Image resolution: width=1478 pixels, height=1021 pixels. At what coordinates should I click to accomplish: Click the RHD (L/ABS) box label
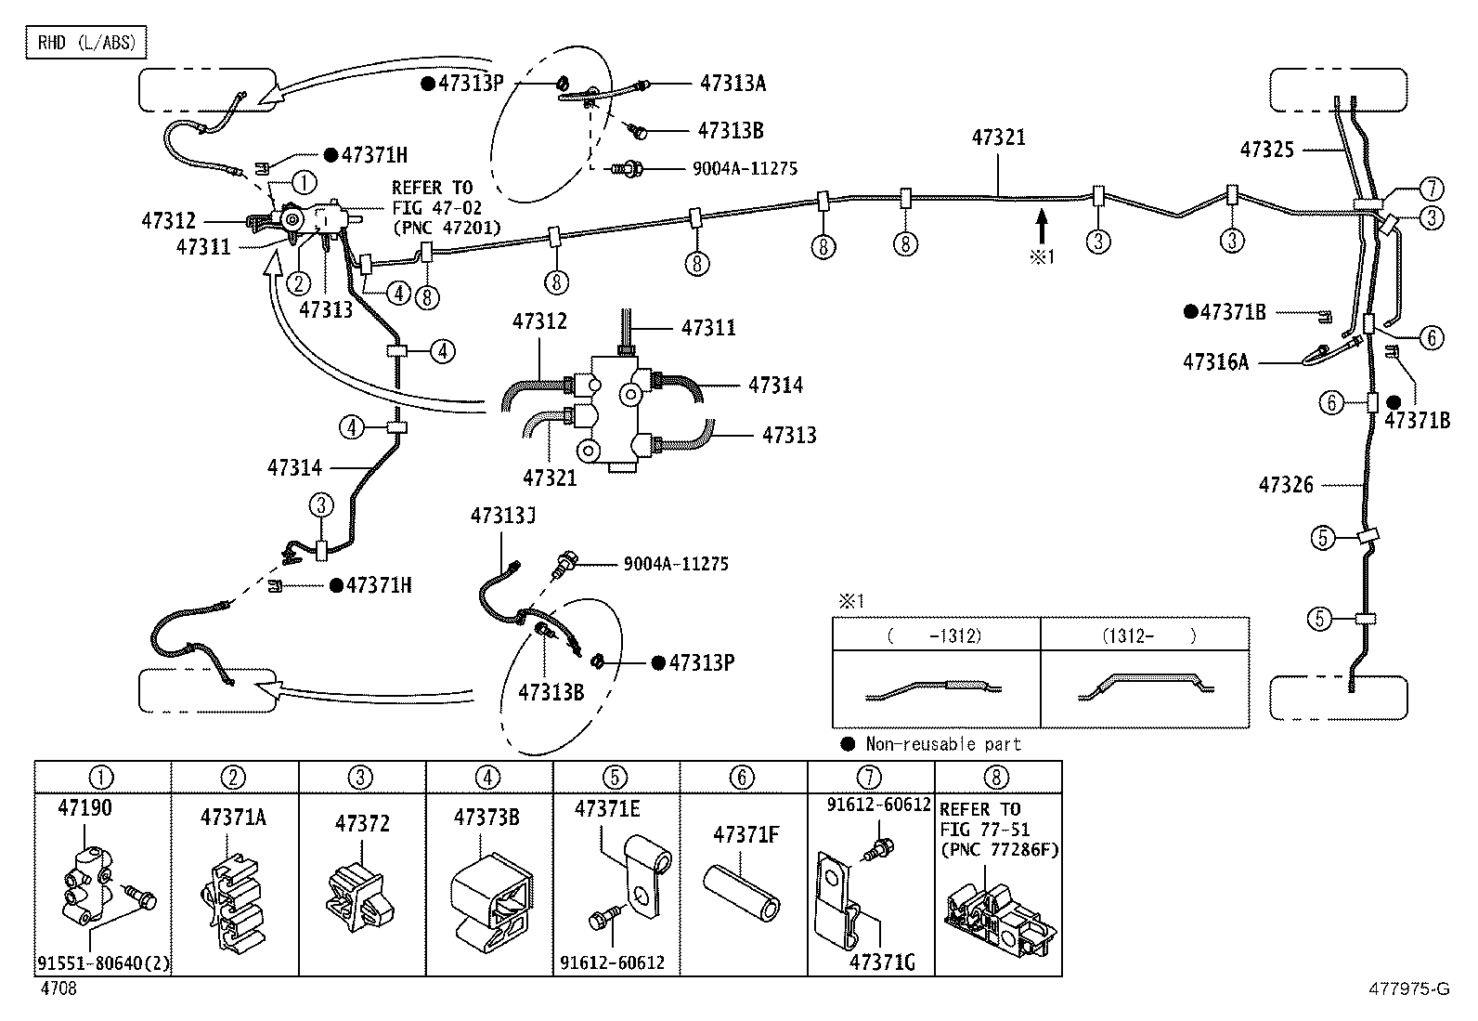[x=85, y=43]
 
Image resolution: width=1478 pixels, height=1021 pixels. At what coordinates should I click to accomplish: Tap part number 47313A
[x=733, y=84]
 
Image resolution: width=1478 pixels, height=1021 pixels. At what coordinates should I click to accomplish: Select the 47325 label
[x=1267, y=150]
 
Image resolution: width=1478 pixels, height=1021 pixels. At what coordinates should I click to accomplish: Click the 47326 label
[x=1285, y=485]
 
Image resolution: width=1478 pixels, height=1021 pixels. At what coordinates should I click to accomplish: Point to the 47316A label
[x=1215, y=362]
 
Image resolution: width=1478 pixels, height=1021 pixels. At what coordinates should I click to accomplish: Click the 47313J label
[x=503, y=516]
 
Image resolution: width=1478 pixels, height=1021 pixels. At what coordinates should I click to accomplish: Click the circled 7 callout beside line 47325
[x=1432, y=189]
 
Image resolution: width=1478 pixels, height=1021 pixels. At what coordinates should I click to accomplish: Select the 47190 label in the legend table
[x=85, y=807]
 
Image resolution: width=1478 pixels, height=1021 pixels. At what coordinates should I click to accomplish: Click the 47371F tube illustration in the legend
[x=741, y=892]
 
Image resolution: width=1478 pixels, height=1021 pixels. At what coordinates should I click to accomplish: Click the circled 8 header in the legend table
[x=996, y=778]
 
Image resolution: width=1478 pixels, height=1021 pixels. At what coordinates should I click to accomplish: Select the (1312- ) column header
[x=1148, y=636]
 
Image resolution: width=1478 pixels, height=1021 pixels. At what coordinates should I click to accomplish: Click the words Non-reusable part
[x=943, y=744]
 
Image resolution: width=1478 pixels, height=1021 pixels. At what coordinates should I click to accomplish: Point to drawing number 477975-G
[x=1408, y=988]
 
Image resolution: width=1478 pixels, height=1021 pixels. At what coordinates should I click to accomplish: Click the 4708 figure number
[x=58, y=988]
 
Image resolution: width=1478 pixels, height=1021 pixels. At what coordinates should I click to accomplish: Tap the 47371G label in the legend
[x=882, y=962]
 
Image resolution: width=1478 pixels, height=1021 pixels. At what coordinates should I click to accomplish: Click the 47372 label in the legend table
[x=362, y=823]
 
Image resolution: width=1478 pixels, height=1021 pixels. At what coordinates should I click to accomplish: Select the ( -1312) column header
[x=936, y=636]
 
